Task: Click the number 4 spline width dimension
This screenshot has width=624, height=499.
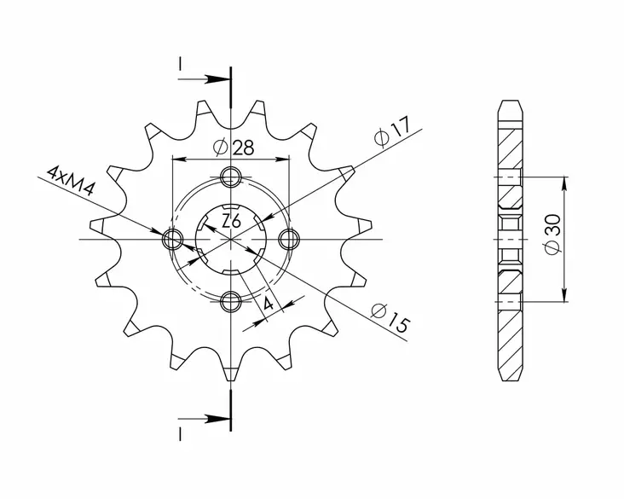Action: click(x=268, y=305)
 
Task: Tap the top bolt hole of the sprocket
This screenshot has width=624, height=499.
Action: click(x=230, y=177)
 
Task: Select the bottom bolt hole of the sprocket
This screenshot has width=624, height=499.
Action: click(x=230, y=299)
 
